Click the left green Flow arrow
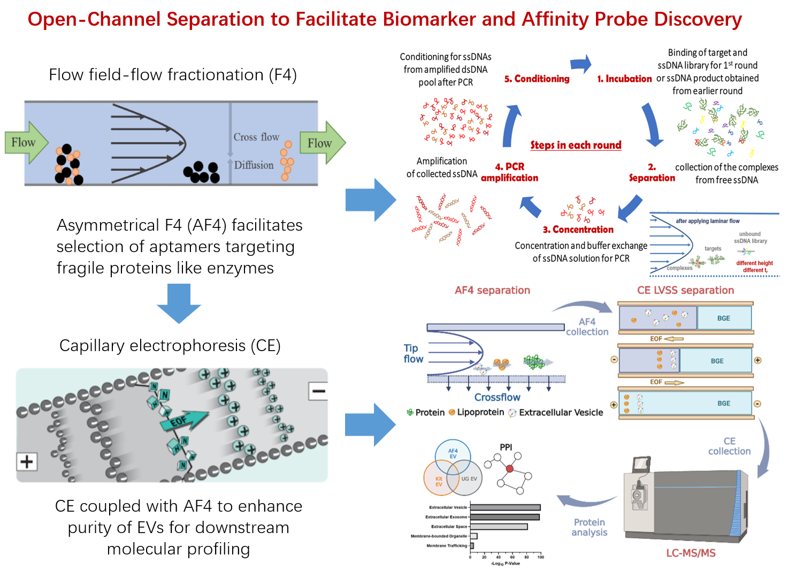pyautogui.click(x=26, y=142)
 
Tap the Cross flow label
pyautogui.click(x=256, y=137)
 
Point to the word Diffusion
pyautogui.click(x=254, y=165)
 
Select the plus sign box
pyautogui.click(x=26, y=461)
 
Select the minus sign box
pyautogui.click(x=318, y=391)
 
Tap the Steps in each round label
pyautogui.click(x=576, y=145)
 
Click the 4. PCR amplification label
pyautogui.click(x=510, y=172)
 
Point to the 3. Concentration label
pyautogui.click(x=578, y=230)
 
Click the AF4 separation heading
pyautogui.click(x=492, y=290)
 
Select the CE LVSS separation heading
pyautogui.click(x=685, y=290)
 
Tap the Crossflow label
pyautogui.click(x=497, y=397)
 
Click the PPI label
pyautogui.click(x=506, y=447)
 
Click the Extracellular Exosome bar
pyautogui.click(x=504, y=517)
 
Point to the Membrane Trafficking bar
pyautogui.click(x=472, y=546)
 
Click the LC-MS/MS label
pyautogui.click(x=691, y=553)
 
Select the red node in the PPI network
pyautogui.click(x=509, y=469)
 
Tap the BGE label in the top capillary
pyautogui.click(x=723, y=318)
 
